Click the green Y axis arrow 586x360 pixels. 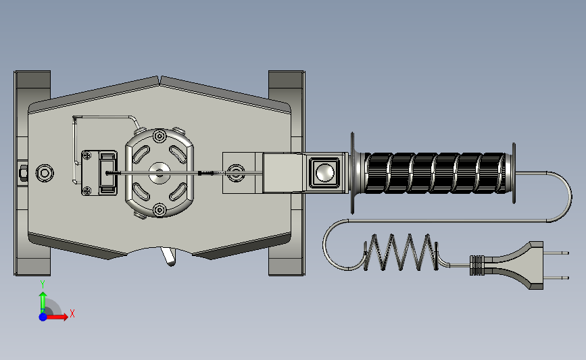[x=43, y=302]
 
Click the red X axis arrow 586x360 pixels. [x=57, y=317]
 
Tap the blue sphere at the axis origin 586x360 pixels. [x=43, y=317]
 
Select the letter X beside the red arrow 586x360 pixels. [x=72, y=313]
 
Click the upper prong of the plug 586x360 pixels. [x=556, y=253]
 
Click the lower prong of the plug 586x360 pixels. [x=556, y=278]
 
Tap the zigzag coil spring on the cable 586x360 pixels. [x=401, y=252]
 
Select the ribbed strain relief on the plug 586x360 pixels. [x=477, y=265]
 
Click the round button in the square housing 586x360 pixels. [x=324, y=172]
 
